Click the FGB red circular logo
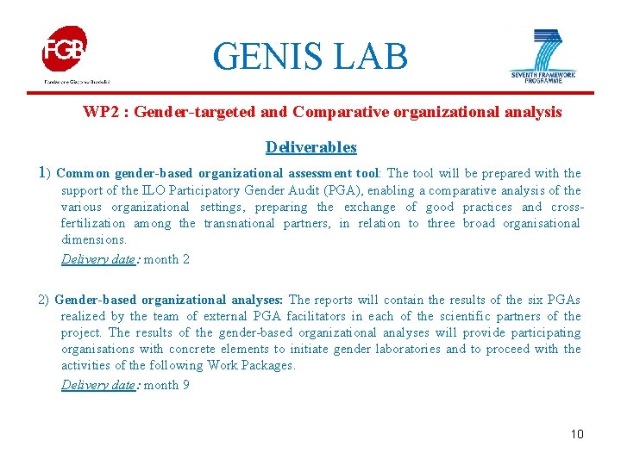click(x=64, y=49)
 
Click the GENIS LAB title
click(x=310, y=57)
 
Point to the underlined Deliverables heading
click(x=310, y=147)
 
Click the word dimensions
click(x=94, y=239)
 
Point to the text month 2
click(x=166, y=259)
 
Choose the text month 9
click(x=166, y=385)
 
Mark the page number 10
click(x=577, y=434)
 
